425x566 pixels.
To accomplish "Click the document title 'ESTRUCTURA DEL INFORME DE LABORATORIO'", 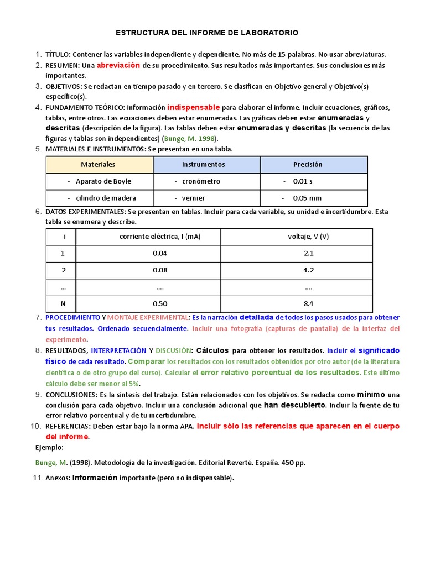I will point(207,33).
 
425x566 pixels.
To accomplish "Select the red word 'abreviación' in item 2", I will point(118,65).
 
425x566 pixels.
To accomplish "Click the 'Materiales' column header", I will point(98,164).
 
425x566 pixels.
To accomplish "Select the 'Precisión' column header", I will point(308,164).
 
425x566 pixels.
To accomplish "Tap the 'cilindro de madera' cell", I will point(102,198).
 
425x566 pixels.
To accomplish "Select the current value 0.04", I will point(160,253).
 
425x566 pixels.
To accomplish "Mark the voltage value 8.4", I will point(308,303).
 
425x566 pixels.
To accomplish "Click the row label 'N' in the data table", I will point(63,303).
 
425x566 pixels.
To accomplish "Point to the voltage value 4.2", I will point(308,270).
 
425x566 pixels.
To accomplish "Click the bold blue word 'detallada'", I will point(256,317).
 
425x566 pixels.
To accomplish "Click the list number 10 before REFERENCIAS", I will point(36,426).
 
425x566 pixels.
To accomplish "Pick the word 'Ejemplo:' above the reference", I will point(49,448).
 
